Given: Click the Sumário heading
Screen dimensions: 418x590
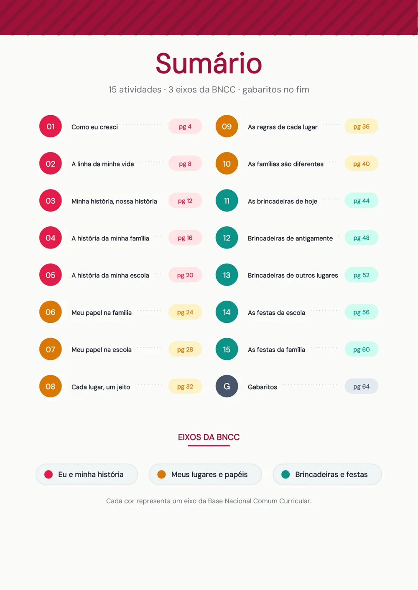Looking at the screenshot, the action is (209, 63).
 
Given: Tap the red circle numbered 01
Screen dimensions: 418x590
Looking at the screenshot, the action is (51, 126).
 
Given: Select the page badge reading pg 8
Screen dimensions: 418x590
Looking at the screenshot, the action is (185, 164).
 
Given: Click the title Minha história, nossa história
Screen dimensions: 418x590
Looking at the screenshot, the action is (114, 201).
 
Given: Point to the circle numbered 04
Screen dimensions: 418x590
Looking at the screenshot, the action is (51, 238).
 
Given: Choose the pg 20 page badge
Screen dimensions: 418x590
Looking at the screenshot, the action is (185, 275).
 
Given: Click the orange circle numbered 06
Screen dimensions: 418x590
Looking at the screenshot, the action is (51, 312).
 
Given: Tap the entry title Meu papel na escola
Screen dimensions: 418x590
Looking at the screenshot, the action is (102, 349).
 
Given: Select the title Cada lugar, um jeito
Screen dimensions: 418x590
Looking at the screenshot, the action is (101, 387).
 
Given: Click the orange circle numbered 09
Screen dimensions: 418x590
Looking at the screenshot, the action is (227, 126).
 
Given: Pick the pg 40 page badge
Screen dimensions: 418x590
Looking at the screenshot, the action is (362, 164).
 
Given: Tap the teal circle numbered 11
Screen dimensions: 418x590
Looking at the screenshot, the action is (227, 200).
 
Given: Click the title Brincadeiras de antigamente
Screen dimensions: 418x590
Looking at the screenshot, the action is (290, 238).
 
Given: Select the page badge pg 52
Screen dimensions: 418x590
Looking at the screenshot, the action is (362, 275).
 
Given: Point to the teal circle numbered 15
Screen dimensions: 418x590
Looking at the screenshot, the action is (227, 349).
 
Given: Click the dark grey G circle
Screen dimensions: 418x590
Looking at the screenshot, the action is (227, 386).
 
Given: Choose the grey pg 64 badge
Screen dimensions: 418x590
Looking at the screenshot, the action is (362, 386).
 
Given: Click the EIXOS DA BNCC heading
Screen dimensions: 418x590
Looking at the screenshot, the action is (209, 437).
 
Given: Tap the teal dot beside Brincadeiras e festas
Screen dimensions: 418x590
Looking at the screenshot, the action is (285, 474).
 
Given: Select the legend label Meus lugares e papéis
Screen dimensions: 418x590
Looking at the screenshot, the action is (209, 475).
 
